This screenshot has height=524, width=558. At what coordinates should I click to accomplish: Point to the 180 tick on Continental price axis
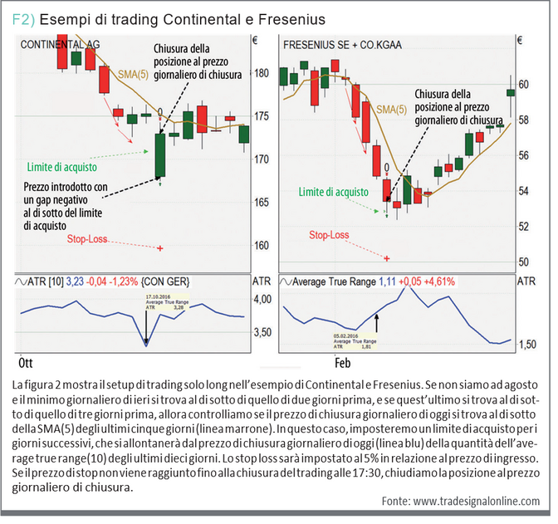262,73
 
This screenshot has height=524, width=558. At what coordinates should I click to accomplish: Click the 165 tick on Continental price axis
262,203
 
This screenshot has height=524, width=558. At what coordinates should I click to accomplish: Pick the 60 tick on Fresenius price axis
522,85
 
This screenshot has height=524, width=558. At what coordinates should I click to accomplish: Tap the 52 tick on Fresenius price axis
522,226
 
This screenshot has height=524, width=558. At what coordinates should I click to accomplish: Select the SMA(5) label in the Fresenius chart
391,109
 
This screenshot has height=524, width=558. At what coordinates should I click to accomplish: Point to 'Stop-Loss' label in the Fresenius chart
329,235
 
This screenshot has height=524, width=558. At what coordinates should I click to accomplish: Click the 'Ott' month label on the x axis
25,364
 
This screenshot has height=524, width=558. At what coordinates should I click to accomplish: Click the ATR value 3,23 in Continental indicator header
76,281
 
